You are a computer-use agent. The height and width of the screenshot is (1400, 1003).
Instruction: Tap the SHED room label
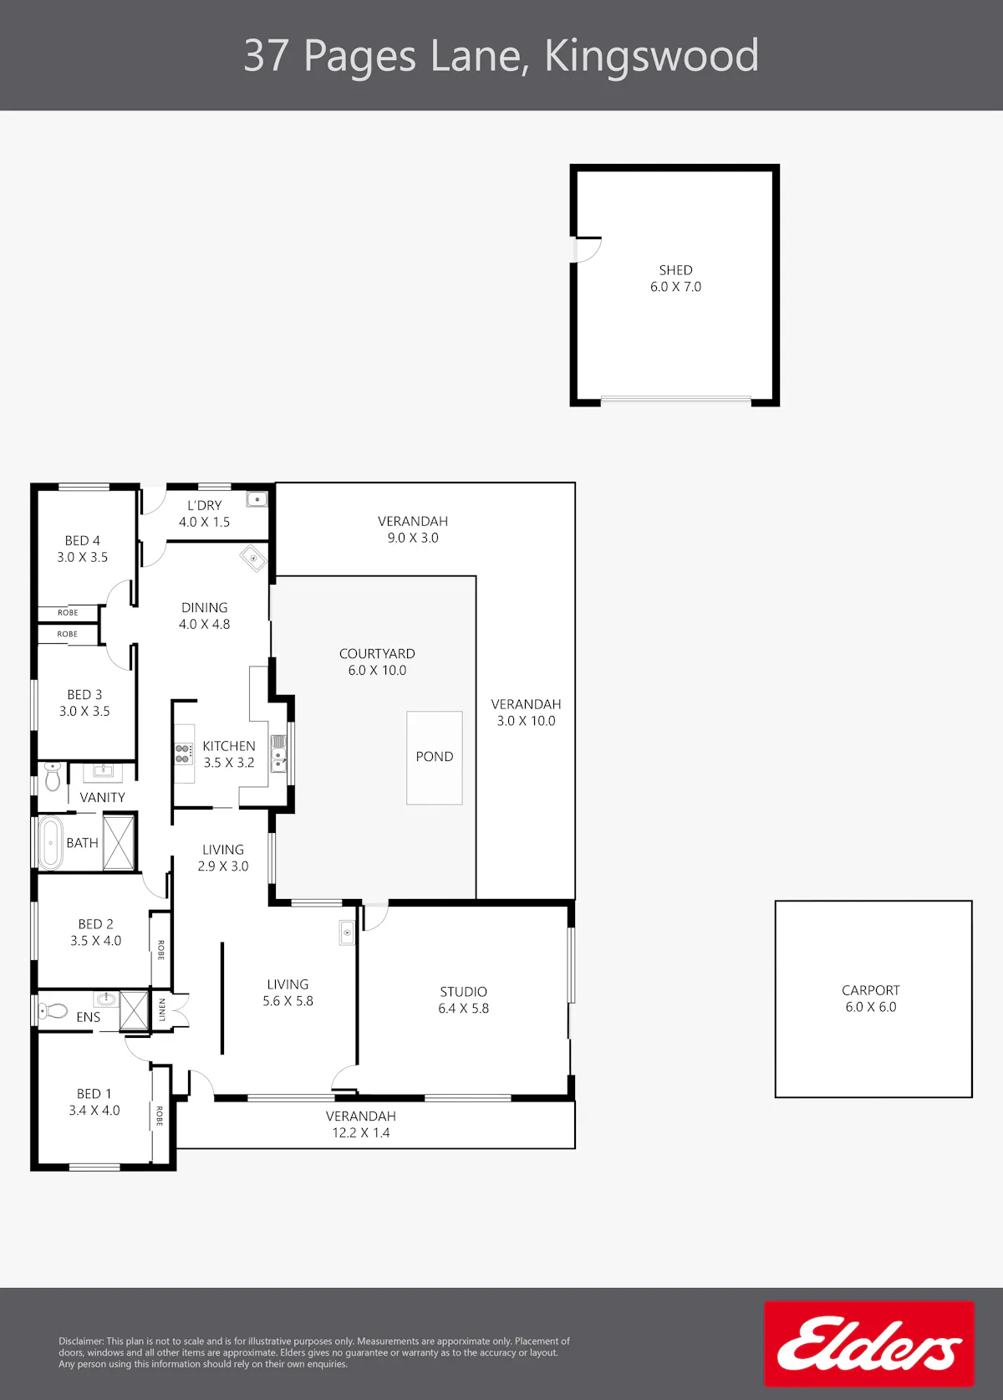(675, 270)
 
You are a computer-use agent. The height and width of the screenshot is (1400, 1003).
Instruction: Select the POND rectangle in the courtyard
(435, 758)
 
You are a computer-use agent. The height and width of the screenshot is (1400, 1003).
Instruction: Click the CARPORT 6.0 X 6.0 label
(871, 998)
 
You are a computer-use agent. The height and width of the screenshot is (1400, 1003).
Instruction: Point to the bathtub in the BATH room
(51, 842)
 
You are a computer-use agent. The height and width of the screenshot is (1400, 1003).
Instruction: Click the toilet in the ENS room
(53, 1010)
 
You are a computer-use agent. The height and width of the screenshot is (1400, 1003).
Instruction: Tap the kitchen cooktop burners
(182, 754)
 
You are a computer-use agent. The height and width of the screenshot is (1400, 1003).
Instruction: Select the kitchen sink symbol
(278, 754)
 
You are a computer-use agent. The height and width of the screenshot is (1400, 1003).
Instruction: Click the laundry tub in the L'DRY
(257, 499)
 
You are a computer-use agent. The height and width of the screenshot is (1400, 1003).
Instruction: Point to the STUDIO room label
(463, 991)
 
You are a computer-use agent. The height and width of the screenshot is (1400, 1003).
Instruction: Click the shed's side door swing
(588, 250)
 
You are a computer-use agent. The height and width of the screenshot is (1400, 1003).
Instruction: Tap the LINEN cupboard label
(162, 1009)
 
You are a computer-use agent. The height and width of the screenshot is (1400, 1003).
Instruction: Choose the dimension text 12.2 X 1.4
(361, 1132)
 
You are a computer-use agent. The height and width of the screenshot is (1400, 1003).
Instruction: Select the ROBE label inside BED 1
(160, 1116)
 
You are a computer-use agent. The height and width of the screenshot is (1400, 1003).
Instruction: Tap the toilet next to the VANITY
(53, 776)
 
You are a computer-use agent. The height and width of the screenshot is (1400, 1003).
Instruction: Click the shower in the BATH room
(119, 842)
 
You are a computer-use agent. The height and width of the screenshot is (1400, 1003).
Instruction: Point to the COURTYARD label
(377, 654)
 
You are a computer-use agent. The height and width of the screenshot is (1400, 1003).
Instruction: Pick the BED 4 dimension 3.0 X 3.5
(83, 557)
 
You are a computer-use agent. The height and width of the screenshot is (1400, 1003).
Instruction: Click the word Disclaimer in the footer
(81, 1341)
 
